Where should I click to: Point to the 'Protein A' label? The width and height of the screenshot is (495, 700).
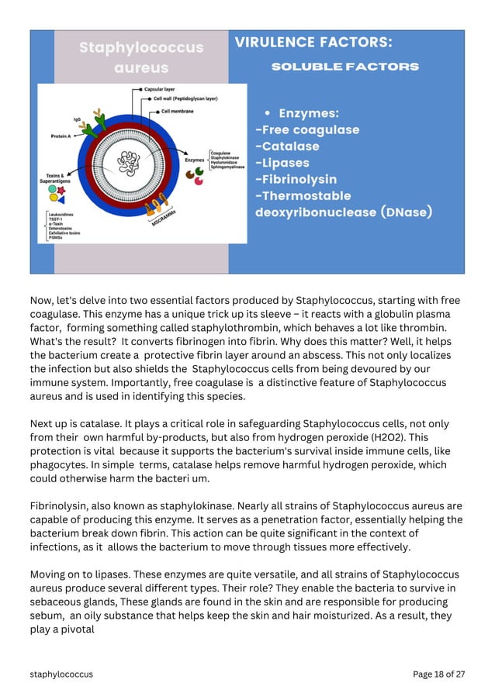click(63, 136)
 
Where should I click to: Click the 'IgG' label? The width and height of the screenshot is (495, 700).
click(77, 119)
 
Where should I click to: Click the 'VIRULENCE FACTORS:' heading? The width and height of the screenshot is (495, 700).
click(313, 43)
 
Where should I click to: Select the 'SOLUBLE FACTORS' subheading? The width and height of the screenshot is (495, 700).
click(344, 67)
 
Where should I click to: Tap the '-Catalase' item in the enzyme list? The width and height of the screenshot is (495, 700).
click(287, 147)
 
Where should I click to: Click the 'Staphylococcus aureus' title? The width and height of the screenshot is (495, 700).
click(140, 58)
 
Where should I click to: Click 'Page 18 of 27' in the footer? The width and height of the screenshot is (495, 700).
click(438, 674)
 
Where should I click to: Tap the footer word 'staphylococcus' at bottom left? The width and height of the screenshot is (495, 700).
click(61, 674)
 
